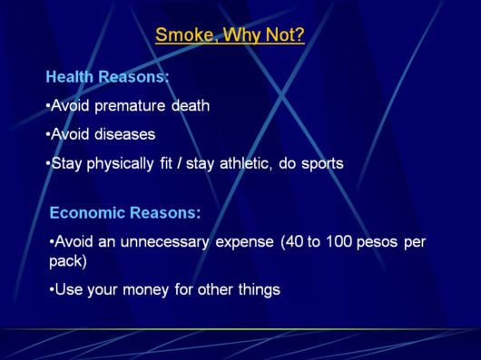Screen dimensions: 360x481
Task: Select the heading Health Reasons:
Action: tap(108, 77)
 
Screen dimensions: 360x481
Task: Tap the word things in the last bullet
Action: tap(259, 290)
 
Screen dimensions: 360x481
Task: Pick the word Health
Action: tap(69, 77)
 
